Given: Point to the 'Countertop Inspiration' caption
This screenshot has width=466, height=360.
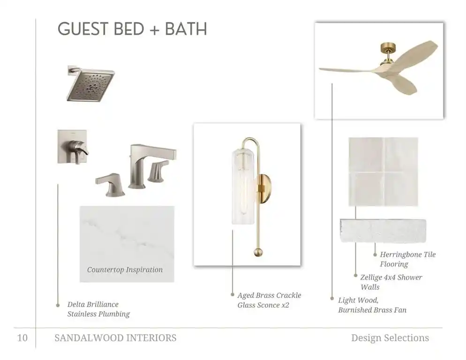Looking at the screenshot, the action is [x=125, y=270].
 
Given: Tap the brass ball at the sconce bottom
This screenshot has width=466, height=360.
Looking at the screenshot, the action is [x=258, y=252].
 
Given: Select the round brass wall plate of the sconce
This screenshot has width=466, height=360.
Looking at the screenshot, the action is [x=264, y=189].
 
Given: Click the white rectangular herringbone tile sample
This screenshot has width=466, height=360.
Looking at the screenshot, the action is [x=383, y=231].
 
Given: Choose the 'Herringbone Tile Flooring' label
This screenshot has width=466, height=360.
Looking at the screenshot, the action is [x=408, y=259].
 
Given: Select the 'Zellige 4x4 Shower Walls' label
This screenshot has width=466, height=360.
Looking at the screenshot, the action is [x=391, y=282].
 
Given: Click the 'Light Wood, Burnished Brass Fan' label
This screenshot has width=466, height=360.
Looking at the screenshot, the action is [x=372, y=305].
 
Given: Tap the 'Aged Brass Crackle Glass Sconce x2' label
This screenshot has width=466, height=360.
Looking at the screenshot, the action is [x=269, y=300].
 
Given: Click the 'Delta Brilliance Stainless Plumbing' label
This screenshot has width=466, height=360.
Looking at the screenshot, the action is [x=98, y=309].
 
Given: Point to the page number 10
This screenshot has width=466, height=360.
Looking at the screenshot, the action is [x=23, y=338].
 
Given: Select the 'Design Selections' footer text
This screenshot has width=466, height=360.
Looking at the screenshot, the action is [x=390, y=338].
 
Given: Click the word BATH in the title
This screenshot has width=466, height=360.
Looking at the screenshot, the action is [x=186, y=29].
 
